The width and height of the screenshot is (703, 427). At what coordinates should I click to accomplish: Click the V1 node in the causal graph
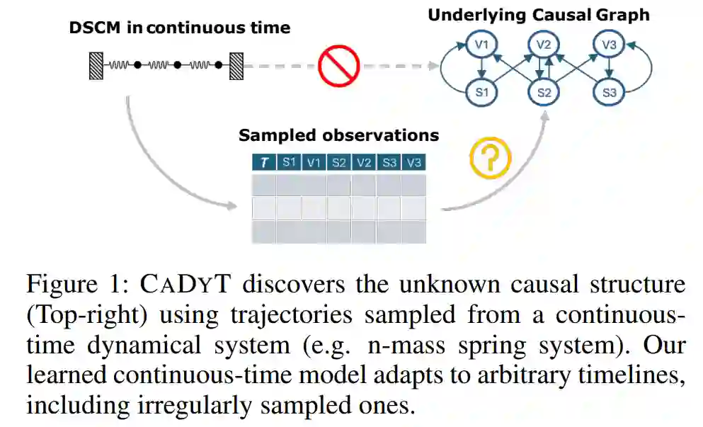coord(481,45)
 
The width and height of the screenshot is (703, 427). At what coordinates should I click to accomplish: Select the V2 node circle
coord(543,45)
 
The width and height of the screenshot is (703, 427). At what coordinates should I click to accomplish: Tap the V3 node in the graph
coord(608,45)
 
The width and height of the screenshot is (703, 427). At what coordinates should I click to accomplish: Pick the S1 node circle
coord(481,93)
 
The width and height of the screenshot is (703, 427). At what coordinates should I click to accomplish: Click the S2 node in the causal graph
coord(544,93)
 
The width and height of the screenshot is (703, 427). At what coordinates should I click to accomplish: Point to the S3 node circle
coord(609,93)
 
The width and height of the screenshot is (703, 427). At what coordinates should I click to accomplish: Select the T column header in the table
coord(264,162)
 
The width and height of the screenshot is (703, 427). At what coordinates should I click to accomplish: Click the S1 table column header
coord(289,162)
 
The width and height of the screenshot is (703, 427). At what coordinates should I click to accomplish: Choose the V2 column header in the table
coord(364,162)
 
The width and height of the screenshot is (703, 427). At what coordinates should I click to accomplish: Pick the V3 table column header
coord(414,162)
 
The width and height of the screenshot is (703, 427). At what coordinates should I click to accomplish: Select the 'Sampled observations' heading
coord(338,135)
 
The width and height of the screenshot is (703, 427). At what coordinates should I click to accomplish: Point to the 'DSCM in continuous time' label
coord(179,28)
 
